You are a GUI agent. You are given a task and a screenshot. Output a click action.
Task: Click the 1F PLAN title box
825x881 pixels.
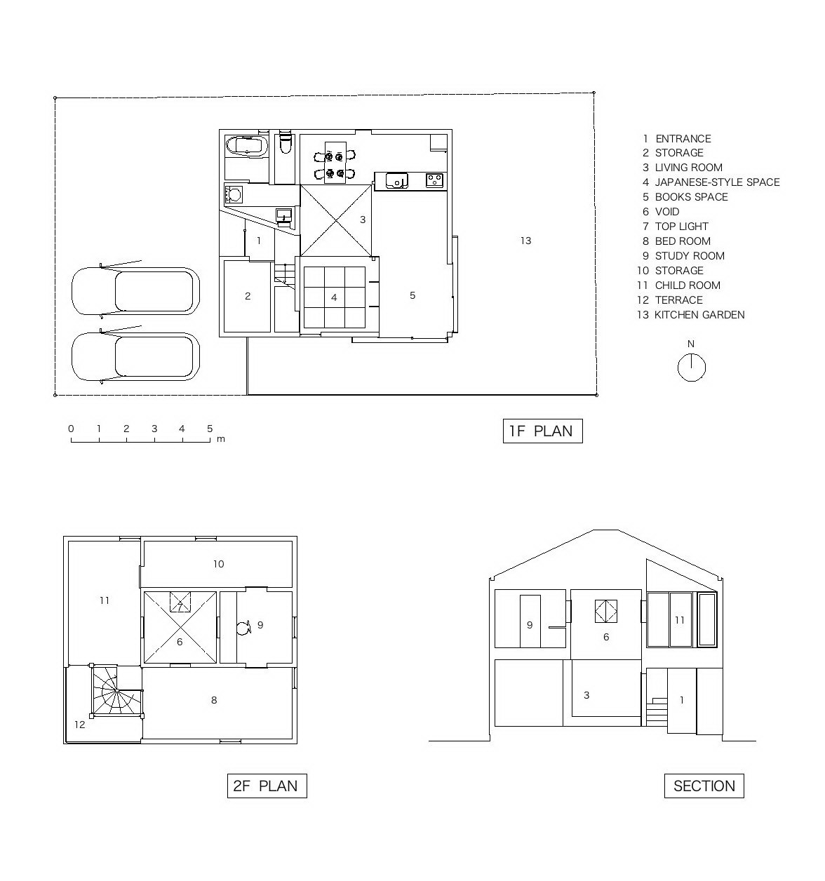tap(542, 431)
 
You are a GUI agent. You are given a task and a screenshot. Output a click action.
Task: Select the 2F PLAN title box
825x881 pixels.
tap(267, 786)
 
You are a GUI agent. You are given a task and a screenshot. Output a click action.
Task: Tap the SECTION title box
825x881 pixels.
tap(704, 786)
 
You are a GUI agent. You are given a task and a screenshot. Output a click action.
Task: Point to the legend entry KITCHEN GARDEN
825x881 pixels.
tap(690, 315)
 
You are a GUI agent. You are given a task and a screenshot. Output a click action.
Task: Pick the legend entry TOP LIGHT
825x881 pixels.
tap(676, 227)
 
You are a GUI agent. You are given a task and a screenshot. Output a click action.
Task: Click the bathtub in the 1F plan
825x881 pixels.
tap(247, 146)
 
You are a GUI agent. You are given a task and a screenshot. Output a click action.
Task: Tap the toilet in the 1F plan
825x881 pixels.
tap(285, 142)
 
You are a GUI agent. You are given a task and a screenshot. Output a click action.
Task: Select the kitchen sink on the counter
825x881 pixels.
tap(396, 180)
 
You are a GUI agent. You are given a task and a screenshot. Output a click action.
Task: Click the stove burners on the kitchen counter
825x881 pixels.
tap(434, 180)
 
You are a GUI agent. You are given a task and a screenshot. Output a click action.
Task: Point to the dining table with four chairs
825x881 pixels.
tap(335, 162)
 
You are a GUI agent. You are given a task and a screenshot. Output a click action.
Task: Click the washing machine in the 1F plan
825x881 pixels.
tap(234, 194)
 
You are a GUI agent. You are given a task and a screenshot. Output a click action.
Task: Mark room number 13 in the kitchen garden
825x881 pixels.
tap(525, 241)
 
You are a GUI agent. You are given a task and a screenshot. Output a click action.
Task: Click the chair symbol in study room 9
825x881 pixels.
tap(243, 628)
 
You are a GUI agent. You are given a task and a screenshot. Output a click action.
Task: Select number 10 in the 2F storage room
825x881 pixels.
tap(218, 564)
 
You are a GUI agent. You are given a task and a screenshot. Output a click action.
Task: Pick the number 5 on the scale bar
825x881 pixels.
tap(210, 429)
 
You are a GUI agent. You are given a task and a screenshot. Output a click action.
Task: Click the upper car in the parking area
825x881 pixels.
tap(135, 290)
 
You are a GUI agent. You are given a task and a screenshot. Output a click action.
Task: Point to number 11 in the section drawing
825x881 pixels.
tap(680, 620)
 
